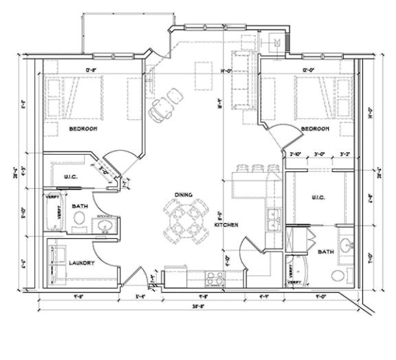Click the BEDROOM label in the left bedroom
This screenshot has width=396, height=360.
[x=82, y=129]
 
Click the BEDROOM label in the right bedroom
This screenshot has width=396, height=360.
[x=316, y=129]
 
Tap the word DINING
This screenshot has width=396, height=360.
[x=182, y=194]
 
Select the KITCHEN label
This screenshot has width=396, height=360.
[x=226, y=225]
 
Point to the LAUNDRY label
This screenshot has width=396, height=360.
[x=81, y=262]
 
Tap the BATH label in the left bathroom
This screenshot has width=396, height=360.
[x=80, y=205]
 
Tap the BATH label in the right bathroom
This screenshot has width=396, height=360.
[x=326, y=252]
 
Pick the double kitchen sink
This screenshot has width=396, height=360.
[x=272, y=218]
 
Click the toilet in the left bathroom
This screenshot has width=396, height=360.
[x=80, y=220]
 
